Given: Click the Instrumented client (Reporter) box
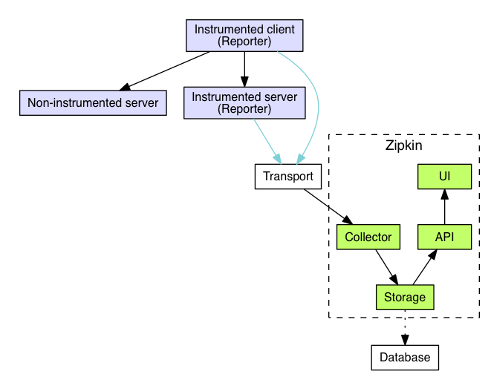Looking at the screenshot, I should pos(244,35).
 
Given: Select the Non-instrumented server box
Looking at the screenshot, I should pos(93,102).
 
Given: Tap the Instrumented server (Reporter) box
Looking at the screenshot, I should pos(244,103).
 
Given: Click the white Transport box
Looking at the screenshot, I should pos(288,177).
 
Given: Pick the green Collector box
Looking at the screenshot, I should pos(368,237).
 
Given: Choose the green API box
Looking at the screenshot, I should pos(443,237).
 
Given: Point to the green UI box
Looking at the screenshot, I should pos(443,177).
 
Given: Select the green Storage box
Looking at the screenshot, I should pos(404,298).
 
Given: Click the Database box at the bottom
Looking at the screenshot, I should pos(404,357).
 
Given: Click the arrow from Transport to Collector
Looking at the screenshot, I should pos(327,206).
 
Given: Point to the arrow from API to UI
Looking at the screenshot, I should pos(443,207).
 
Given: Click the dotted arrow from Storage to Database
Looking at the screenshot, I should pos(404,327).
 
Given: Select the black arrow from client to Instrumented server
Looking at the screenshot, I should pos(244,69).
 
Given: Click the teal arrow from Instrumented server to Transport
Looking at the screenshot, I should pos(267,140).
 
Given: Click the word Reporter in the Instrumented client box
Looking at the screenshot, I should pos(244,42).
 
